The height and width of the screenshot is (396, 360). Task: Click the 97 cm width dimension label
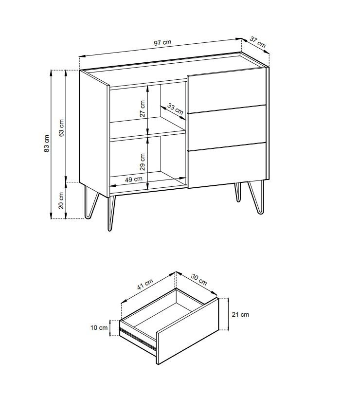(162, 43)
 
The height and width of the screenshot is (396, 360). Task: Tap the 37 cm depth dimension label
(258, 42)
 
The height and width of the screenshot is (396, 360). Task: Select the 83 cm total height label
(47, 144)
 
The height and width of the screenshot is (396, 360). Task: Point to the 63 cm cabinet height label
(61, 128)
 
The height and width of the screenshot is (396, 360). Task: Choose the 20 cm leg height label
(61, 200)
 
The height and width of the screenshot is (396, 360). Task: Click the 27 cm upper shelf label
(143, 108)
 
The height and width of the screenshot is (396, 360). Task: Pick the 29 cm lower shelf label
(143, 162)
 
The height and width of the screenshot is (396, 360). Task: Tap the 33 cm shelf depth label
(175, 109)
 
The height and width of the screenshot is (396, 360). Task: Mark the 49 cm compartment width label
(134, 180)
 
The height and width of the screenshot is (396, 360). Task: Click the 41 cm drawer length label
(145, 285)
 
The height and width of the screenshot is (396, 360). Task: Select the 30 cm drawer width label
(199, 280)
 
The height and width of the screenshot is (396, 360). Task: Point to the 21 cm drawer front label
(240, 314)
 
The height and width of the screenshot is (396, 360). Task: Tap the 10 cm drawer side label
(99, 328)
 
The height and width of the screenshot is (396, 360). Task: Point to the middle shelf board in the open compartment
(148, 128)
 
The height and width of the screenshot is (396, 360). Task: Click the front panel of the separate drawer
(187, 331)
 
